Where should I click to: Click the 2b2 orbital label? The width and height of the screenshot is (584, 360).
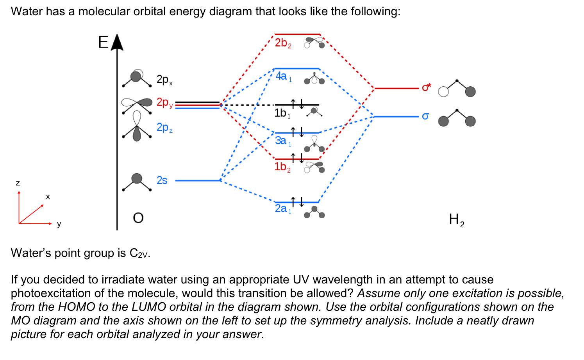click(283, 43)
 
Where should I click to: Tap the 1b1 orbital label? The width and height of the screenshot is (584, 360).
click(282, 114)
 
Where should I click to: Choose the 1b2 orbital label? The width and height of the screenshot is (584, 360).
click(282, 167)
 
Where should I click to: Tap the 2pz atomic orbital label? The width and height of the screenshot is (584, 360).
click(164, 128)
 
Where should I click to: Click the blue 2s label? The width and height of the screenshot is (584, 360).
click(162, 180)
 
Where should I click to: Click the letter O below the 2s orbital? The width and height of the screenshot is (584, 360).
click(138, 218)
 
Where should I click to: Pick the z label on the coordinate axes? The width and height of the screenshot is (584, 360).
click(18, 182)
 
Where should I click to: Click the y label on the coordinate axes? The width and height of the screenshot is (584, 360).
click(59, 224)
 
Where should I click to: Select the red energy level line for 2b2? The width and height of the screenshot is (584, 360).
click(298, 34)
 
